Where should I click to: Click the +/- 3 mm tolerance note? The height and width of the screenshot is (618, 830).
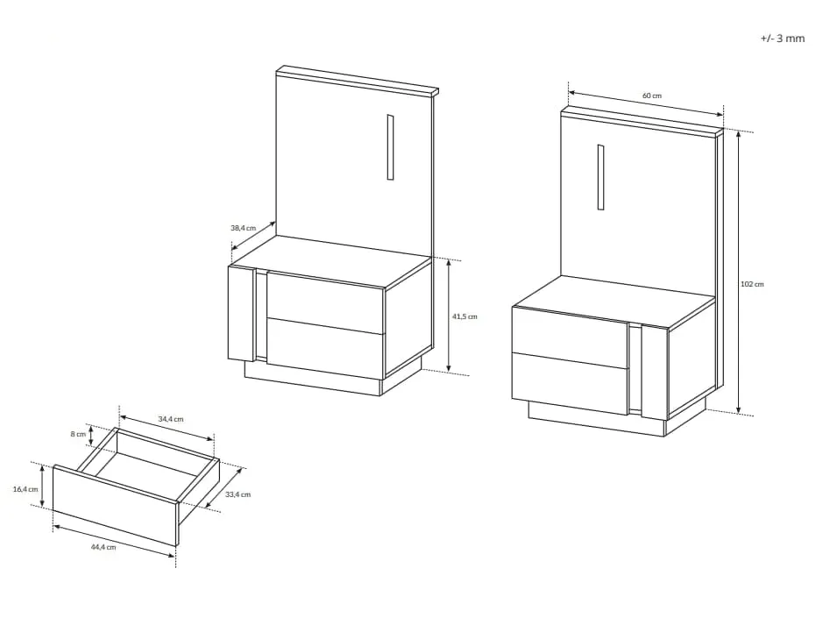pos(783,38)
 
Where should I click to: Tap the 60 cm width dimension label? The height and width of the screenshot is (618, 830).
pos(652,96)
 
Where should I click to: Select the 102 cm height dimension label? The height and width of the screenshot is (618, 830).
pos(752,284)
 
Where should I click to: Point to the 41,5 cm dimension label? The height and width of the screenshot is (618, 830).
pos(465,316)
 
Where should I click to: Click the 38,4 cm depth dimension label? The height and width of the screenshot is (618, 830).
pos(243,228)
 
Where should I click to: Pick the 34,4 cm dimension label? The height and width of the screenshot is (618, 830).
pos(170,419)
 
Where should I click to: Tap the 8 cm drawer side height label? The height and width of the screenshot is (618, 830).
pos(78,434)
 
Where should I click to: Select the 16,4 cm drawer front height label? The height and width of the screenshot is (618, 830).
pos(25,489)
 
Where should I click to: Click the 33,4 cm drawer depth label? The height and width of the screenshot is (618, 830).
pos(238,494)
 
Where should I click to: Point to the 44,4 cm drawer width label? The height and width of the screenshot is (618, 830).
pos(103,548)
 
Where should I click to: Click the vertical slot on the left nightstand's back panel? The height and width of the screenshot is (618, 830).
pos(390,147)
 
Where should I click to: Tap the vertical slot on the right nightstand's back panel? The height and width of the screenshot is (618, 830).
pos(600,177)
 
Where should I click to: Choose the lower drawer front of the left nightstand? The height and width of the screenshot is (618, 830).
pos(325,349)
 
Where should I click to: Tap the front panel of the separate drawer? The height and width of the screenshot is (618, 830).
pos(115,505)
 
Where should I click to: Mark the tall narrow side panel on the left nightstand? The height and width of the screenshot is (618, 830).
pos(242,313)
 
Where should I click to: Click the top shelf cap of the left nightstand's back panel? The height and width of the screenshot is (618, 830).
pos(358,81)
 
